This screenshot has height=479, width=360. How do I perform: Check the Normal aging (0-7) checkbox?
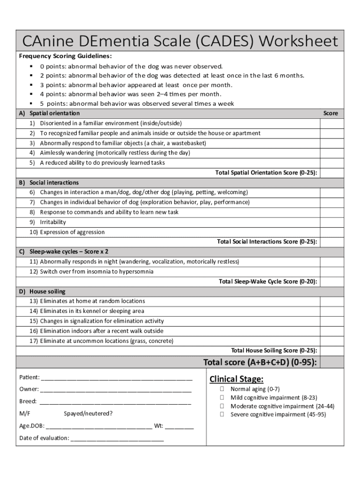(x=223, y=389)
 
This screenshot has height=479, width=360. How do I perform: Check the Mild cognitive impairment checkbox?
(x=223, y=398)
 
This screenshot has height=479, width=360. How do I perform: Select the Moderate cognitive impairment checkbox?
(x=223, y=406)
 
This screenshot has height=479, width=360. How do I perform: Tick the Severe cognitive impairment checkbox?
(x=223, y=414)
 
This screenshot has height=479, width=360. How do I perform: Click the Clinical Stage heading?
(x=236, y=379)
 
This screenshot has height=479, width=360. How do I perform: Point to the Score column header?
(x=331, y=113)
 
